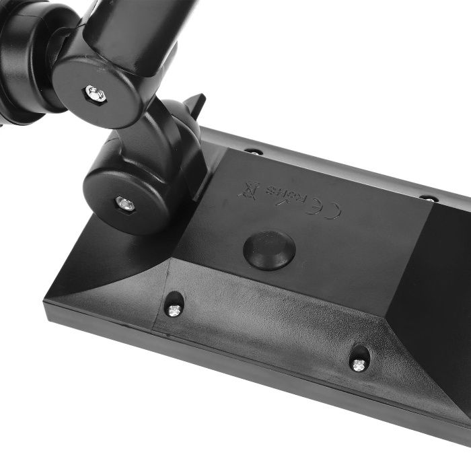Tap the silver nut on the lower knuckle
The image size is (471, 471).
[124, 203]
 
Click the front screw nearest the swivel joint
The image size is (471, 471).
[174, 310]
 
